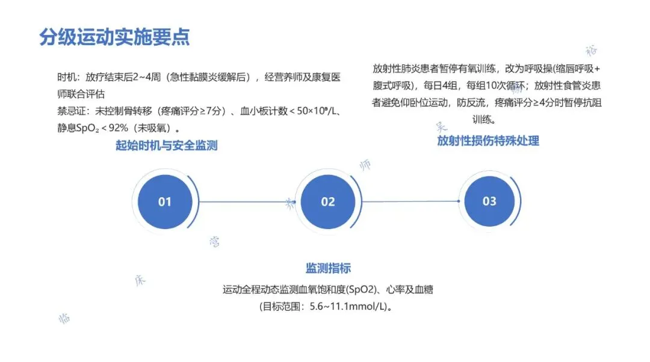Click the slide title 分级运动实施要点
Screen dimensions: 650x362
tap(114, 37)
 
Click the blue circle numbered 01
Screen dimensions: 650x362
tap(165, 202)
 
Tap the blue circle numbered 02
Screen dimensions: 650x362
tap(327, 202)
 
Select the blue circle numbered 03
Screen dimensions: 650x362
tap(489, 201)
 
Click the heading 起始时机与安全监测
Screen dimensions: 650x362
tap(167, 146)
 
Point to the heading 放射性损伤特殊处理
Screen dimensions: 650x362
tap(488, 141)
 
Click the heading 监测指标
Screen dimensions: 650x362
tap(328, 268)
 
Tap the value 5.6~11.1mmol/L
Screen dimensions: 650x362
tap(347, 307)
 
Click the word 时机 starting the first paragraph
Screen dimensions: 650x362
tap(66, 78)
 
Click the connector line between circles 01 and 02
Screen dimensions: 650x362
tap(244, 202)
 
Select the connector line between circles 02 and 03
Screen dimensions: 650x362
tap(411, 201)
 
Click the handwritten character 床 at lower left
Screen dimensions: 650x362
tap(140, 281)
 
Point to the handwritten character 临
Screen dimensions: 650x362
tap(64, 318)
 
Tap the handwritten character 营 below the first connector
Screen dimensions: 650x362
tap(214, 242)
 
